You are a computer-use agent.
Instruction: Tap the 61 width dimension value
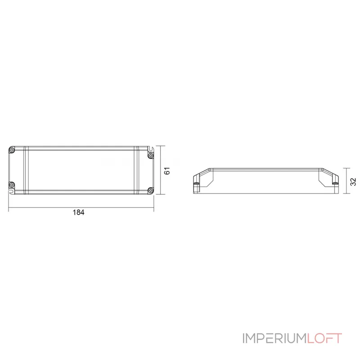click(x=166, y=171)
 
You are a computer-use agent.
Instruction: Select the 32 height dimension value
click(x=353, y=181)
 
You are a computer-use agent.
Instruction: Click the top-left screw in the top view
click(x=13, y=149)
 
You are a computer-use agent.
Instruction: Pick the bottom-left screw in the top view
click(x=13, y=184)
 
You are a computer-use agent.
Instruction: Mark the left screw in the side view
click(x=196, y=184)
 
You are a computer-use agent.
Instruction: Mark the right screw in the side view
click(x=334, y=184)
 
